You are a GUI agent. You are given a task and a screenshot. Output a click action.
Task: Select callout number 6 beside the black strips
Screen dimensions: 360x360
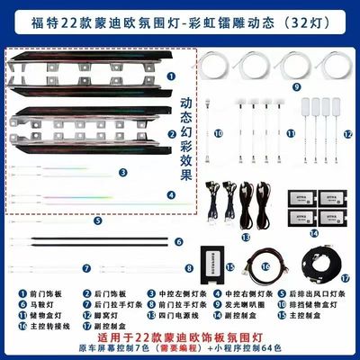click(179, 241)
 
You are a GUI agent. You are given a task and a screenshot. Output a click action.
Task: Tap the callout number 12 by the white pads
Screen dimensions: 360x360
click(347, 134)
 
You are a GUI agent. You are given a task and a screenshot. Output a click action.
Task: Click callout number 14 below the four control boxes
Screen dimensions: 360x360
click(313, 233)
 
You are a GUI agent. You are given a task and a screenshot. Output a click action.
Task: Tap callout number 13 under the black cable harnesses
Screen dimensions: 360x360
click(246, 235)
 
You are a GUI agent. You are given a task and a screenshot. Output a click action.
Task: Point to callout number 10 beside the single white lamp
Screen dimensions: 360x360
click(217, 134)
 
